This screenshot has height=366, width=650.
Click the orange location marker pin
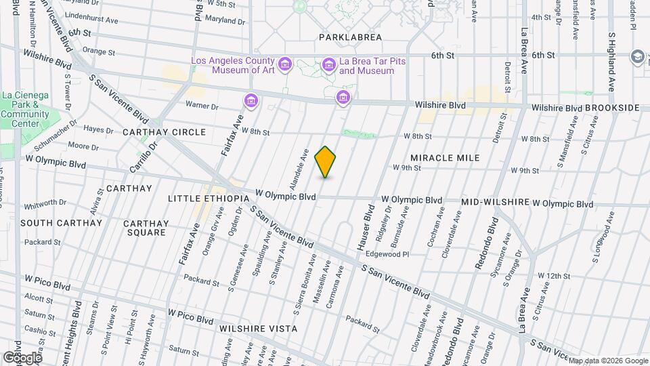pos(326,161)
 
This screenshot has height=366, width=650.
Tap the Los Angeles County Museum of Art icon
pos(284,65)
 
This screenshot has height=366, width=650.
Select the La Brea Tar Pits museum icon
pos(329,65)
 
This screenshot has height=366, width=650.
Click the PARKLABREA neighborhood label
pos(351,37)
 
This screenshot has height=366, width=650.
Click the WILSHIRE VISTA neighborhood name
pos(258,329)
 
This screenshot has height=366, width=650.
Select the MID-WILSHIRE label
pos(494,203)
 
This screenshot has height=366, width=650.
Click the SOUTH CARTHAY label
pos(61,222)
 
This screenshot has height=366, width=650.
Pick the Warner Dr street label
pos(202,106)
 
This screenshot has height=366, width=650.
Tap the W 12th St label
pos(554,276)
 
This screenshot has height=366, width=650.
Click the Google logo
pos(22,357)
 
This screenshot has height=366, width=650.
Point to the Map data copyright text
pos(607,361)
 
